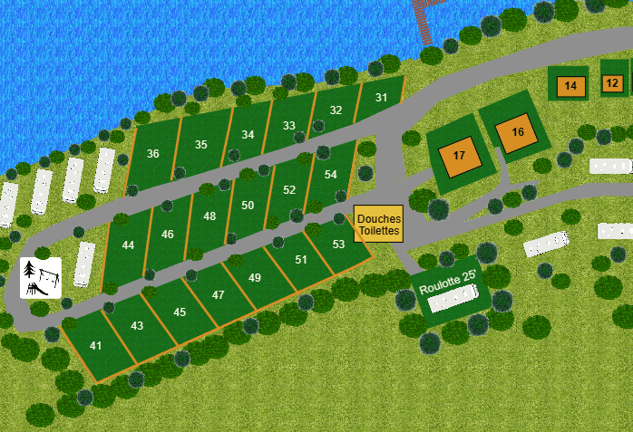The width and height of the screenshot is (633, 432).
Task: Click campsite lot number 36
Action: click(152, 154)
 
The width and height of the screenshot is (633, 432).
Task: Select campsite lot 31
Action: click(381, 98)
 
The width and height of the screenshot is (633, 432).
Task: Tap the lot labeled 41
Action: click(96, 346)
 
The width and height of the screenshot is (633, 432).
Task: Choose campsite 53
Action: click(338, 245)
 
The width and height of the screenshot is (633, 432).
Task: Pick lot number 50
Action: click(248, 206)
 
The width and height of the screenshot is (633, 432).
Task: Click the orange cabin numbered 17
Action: click(459, 156)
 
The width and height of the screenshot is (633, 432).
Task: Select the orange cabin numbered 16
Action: click(517, 132)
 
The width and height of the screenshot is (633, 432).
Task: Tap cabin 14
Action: click(570, 86)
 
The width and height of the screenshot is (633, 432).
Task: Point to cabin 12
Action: click(612, 83)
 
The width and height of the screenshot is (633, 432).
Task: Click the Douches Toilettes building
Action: click(378, 225)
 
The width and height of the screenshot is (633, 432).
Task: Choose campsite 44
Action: click(128, 245)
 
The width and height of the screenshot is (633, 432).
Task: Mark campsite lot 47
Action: click(218, 295)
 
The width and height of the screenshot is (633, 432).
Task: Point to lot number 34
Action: click(248, 135)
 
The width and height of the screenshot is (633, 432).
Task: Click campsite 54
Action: click(330, 175)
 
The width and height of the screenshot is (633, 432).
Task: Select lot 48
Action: click(209, 216)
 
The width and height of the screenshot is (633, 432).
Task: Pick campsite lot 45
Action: click(180, 312)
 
